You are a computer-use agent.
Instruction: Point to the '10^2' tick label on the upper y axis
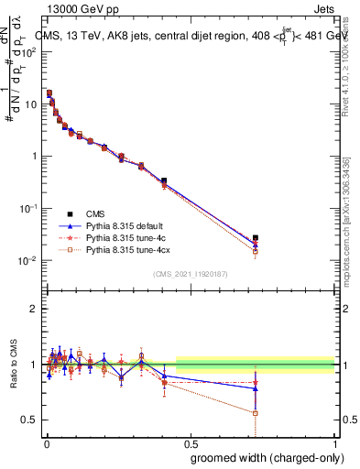point(27,50)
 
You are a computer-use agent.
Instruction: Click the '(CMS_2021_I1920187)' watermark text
point(191,273)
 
